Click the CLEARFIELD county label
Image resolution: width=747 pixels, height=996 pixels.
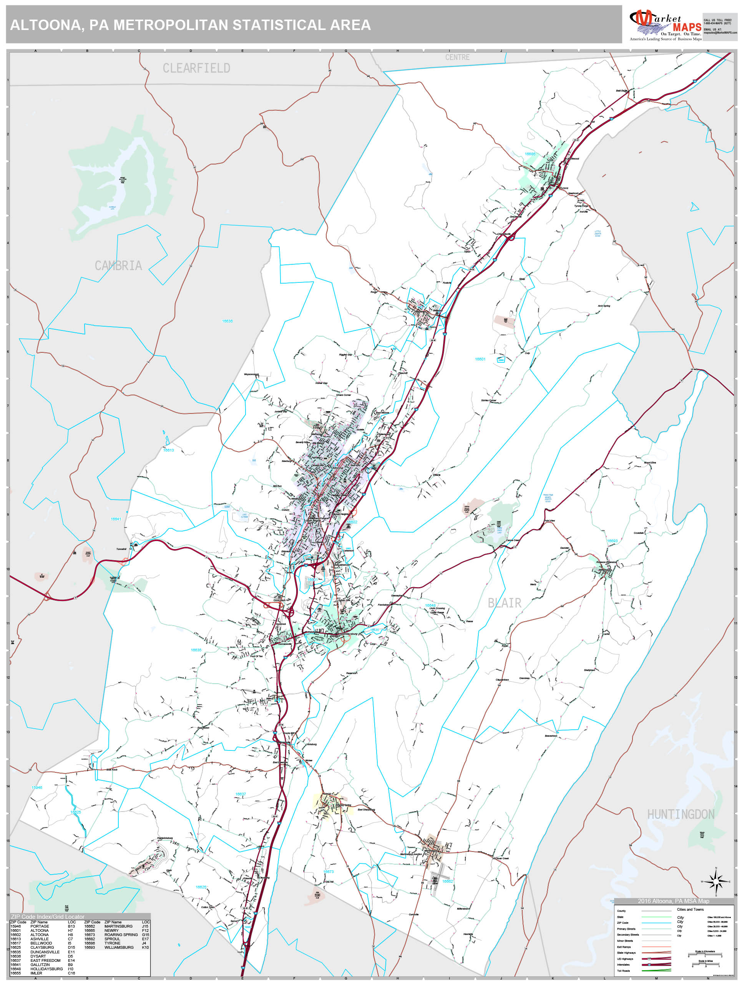[x=196, y=68]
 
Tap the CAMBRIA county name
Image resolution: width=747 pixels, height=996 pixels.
[x=118, y=266]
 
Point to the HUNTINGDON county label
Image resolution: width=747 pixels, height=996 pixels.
[x=681, y=814]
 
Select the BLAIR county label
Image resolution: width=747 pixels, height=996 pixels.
[x=504, y=603]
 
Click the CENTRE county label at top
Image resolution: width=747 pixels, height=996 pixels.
[x=457, y=57]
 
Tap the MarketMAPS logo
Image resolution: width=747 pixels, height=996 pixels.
[x=665, y=26]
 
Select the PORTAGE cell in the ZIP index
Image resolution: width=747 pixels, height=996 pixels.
[x=40, y=926]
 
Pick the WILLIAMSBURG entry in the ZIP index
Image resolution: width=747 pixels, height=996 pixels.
[x=119, y=947]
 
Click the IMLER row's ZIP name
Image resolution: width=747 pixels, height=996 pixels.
[x=36, y=973]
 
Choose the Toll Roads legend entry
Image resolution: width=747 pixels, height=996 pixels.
[x=623, y=971]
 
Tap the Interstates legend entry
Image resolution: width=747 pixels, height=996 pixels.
[x=623, y=964]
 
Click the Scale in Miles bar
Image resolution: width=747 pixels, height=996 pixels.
[x=705, y=964]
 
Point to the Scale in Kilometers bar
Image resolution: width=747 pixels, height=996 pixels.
[x=705, y=954]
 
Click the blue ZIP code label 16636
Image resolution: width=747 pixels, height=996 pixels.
[x=227, y=321]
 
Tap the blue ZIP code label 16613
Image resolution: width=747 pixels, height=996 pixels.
[x=168, y=450]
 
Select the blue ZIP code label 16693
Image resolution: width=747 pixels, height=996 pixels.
[x=612, y=541]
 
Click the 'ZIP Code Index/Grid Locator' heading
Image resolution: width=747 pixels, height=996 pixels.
[x=47, y=917]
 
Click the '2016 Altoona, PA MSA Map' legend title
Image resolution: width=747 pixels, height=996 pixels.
[x=673, y=901]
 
